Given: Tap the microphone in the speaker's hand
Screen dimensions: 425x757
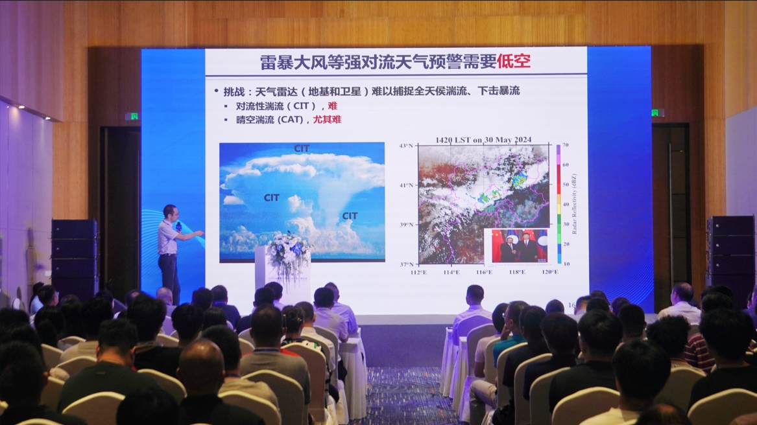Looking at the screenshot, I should coord(178,226).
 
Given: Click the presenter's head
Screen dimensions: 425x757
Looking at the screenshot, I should coord(170,212).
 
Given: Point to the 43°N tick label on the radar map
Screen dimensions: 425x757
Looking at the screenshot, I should coord(406,146).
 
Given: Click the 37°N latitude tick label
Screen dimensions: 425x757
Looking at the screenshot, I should coord(406,264).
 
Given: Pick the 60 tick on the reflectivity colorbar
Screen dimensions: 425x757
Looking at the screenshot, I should coord(566,165).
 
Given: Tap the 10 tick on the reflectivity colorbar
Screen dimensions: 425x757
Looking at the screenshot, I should coord(566,264).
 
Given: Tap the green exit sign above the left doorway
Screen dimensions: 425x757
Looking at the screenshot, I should coord(132,117).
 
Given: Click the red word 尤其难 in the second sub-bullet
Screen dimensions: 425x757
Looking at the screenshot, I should coord(327,119).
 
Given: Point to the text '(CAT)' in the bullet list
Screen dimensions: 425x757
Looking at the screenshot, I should coord(294,119).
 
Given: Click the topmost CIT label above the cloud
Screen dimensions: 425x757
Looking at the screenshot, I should coord(302,148).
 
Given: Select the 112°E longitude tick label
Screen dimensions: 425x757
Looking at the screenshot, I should coord(419,272).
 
